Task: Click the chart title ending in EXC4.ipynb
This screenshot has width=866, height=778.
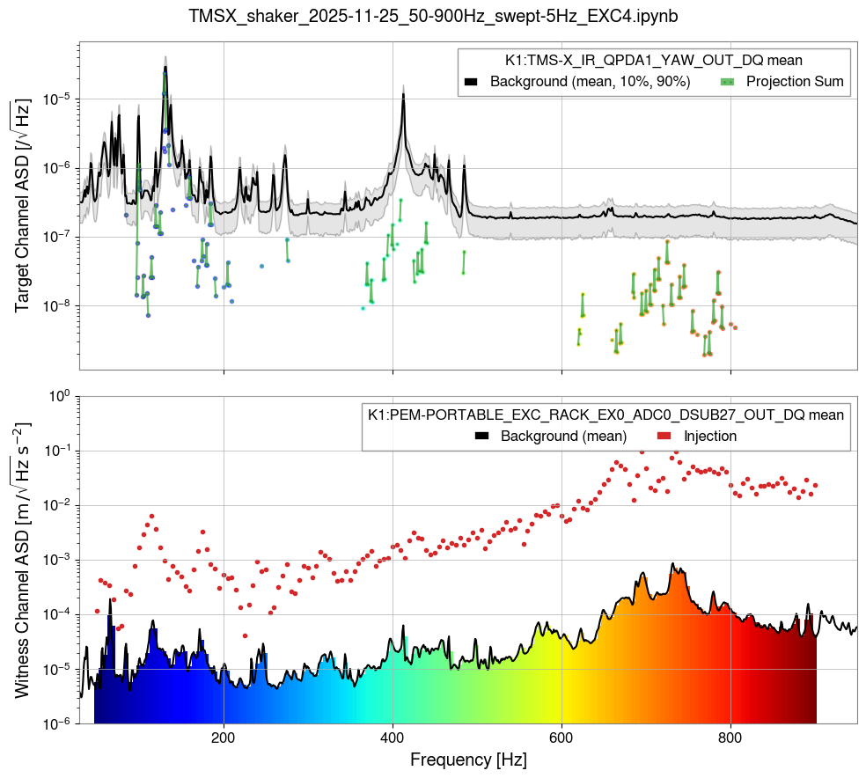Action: [x=433, y=16]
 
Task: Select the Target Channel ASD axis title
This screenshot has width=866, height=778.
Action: [x=23, y=206]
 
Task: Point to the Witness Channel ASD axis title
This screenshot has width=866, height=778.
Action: [x=23, y=560]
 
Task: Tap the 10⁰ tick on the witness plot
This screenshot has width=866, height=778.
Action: [x=58, y=396]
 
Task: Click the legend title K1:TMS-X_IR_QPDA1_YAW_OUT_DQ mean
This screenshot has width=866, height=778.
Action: [x=653, y=61]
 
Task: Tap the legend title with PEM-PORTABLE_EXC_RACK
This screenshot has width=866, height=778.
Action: [x=605, y=415]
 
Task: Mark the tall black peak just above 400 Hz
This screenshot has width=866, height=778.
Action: [x=403, y=97]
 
